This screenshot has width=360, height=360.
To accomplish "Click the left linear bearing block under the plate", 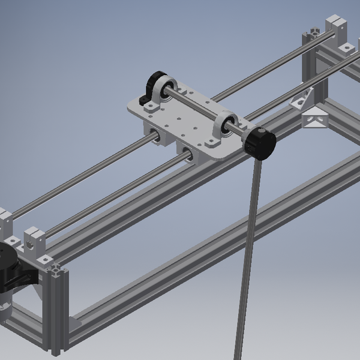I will (x=155, y=135).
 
